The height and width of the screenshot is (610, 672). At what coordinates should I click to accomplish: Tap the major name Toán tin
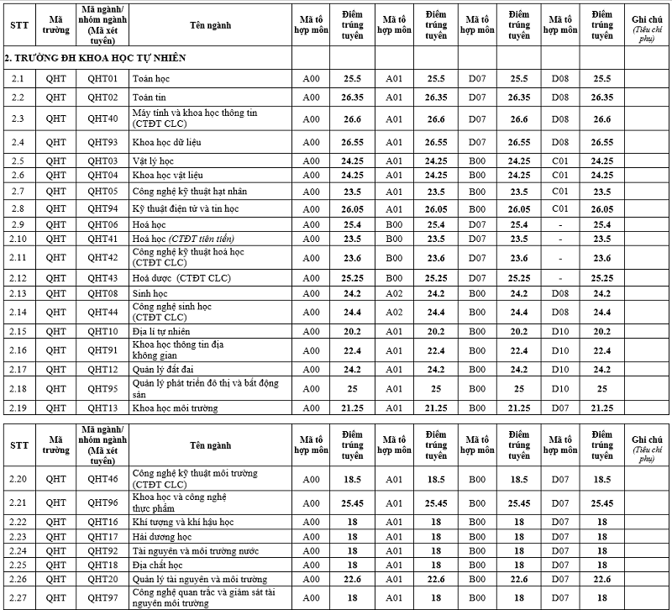coord(148,97)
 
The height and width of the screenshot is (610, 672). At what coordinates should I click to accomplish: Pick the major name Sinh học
coord(150,293)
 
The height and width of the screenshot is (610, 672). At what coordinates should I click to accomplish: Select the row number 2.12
coord(18,277)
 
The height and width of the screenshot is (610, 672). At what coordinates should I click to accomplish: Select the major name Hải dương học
coord(162,536)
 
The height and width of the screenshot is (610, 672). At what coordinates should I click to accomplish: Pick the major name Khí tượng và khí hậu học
coord(183,522)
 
